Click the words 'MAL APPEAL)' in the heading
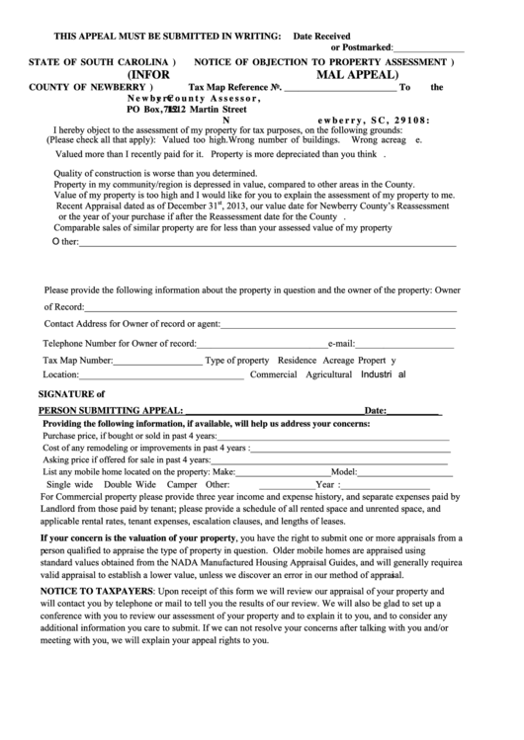click(x=357, y=73)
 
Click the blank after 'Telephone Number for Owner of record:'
click(x=262, y=343)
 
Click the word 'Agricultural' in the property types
click(x=330, y=375)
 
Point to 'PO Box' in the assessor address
click(x=143, y=110)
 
